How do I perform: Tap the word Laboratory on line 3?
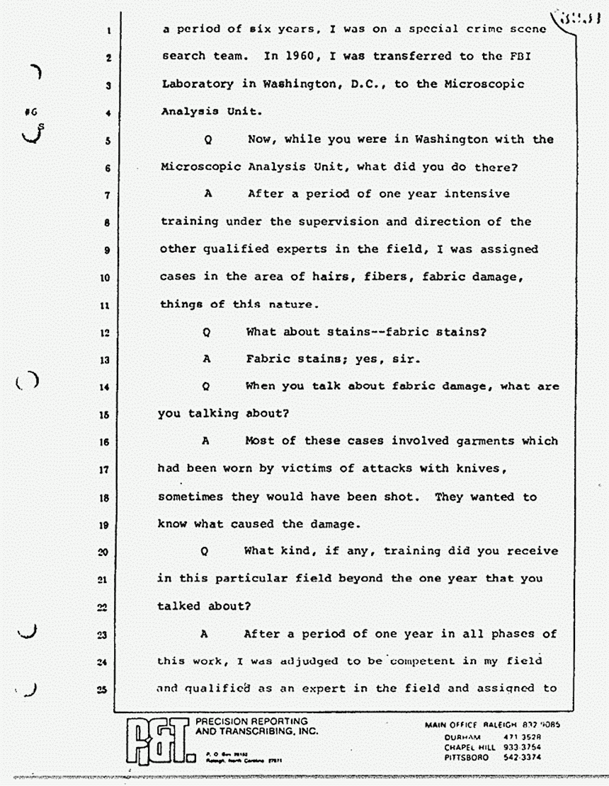196,84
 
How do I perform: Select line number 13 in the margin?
103,359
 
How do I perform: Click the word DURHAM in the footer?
465,737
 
